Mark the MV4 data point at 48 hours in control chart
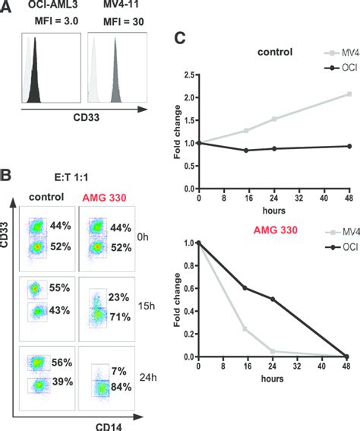349,94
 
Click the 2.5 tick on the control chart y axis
190,75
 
